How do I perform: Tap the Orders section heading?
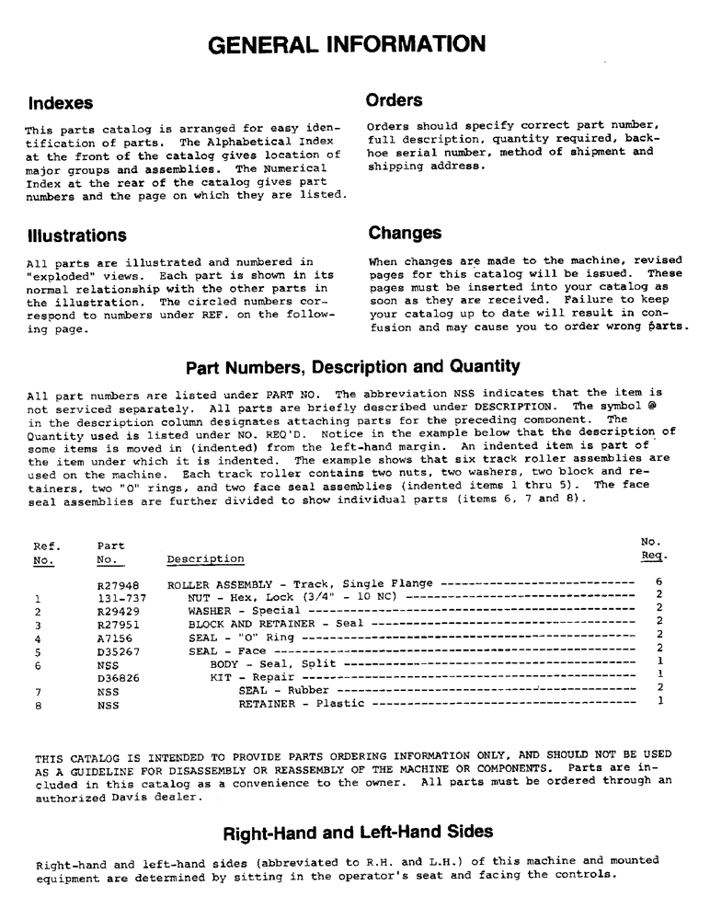pos(394,100)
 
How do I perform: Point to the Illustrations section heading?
pos(76,236)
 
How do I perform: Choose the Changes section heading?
pos(405,234)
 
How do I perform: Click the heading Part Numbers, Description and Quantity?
pos(352,366)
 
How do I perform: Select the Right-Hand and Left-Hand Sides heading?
pos(359,832)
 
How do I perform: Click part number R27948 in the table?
pos(116,584)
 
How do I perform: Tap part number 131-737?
pos(116,597)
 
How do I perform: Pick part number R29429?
pos(116,610)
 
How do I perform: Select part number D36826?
pos(116,677)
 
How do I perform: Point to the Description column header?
pos(205,559)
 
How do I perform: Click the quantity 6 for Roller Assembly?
pos(659,583)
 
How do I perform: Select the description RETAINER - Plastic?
pos(301,704)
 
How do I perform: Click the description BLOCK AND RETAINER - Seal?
pos(263,624)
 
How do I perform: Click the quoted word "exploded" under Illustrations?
pos(56,275)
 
